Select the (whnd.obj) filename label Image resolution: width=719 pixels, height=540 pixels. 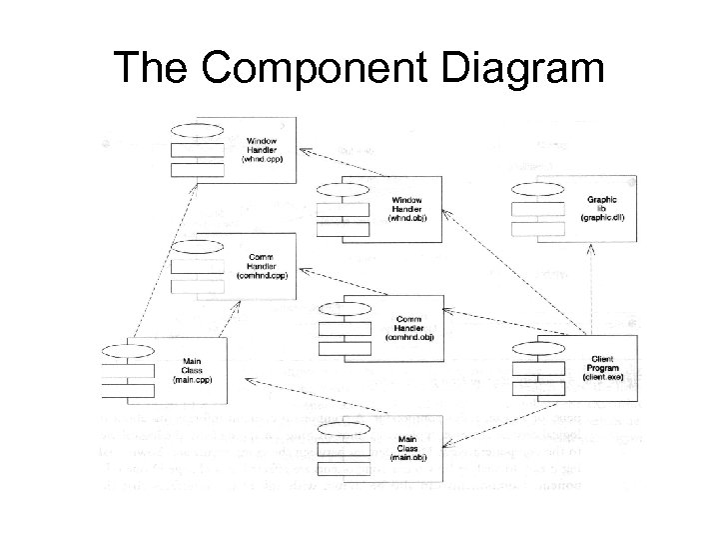click(406, 218)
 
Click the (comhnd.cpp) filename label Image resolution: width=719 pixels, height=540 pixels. click(262, 275)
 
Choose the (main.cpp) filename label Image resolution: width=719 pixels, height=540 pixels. click(192, 379)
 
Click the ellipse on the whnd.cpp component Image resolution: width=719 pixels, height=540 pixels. click(197, 130)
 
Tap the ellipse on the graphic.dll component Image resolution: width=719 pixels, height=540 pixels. click(535, 189)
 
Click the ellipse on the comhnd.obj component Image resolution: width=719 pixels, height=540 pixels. click(344, 307)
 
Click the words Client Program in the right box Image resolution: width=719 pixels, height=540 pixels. click(602, 363)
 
